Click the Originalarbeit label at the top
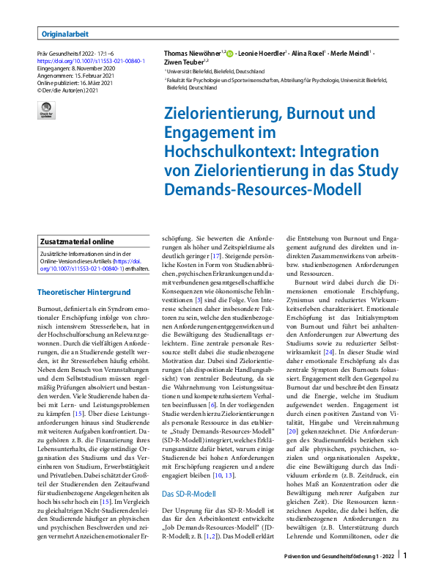click(64, 33)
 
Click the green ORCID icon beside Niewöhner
click(230, 54)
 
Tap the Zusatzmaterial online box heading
click(78, 241)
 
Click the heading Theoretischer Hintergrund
click(84, 292)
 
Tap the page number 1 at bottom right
click(405, 557)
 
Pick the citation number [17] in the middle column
click(216, 257)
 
